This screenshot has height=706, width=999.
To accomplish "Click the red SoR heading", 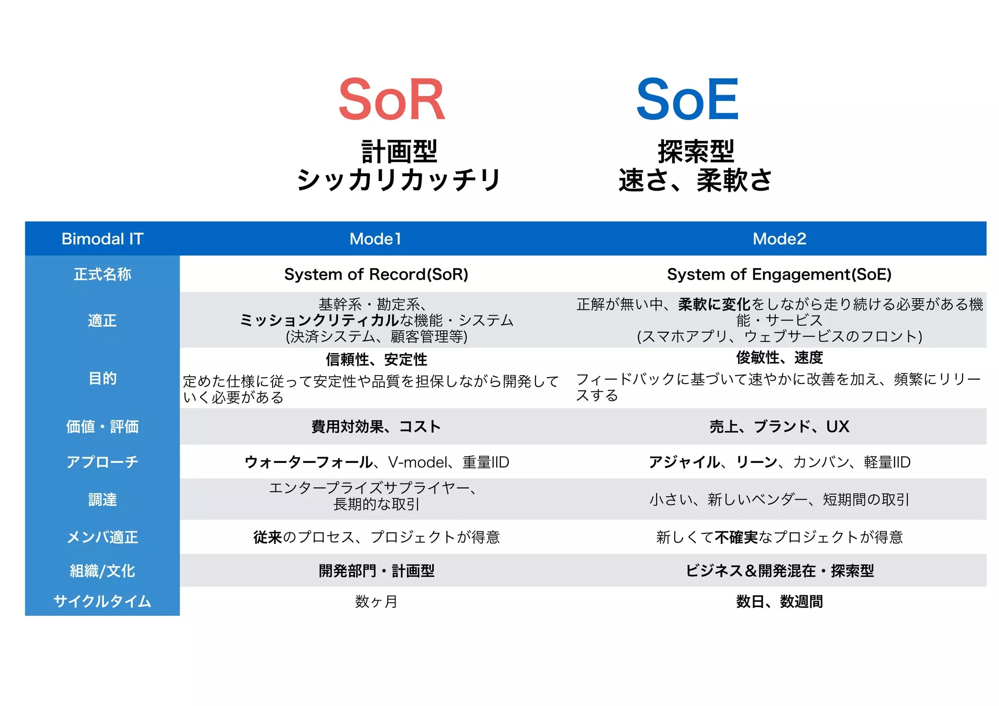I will (392, 100).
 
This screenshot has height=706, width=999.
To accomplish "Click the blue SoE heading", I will (687, 100).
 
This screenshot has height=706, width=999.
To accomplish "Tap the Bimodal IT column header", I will (102, 239).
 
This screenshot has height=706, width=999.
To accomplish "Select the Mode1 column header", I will (375, 239).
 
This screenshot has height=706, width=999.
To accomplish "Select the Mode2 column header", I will (779, 239).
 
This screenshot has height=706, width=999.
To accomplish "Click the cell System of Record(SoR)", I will (376, 274).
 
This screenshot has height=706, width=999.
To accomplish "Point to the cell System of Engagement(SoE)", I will (779, 274).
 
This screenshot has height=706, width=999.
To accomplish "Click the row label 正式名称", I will (102, 274).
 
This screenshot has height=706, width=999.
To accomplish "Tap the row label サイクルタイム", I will (102, 601).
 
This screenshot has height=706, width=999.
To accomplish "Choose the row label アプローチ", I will (102, 462).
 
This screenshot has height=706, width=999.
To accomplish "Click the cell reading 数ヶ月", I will (376, 602).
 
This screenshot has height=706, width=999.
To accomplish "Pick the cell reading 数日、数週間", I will (779, 602).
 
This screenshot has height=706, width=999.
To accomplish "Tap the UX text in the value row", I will (838, 426).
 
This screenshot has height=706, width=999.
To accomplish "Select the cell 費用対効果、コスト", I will (376, 426).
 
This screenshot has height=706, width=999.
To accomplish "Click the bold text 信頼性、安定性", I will (376, 360).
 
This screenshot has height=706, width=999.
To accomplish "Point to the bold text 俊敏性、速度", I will (779, 358).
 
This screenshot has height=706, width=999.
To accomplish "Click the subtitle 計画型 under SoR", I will (399, 151).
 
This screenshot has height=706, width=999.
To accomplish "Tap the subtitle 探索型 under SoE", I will (696, 151).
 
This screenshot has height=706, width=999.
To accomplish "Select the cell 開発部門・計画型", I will (376, 570).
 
